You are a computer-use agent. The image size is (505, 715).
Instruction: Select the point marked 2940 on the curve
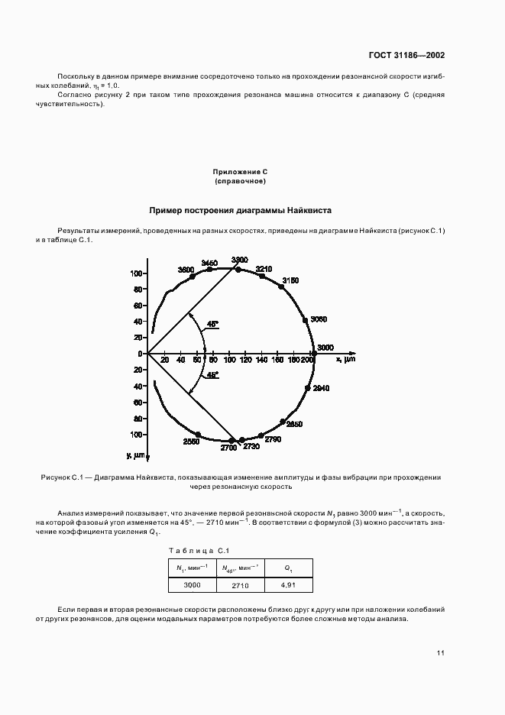(x=308, y=388)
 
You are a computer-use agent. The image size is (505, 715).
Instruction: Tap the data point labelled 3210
(x=263, y=277)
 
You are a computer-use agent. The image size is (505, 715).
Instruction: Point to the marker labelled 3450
(x=209, y=270)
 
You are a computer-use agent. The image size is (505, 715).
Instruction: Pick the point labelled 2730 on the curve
(x=242, y=440)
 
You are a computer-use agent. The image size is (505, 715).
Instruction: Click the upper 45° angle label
(x=211, y=325)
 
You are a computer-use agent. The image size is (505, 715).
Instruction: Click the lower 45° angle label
(x=211, y=375)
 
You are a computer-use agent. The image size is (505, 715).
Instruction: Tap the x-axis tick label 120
(x=244, y=360)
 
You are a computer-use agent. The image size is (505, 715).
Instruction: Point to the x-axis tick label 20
(x=164, y=360)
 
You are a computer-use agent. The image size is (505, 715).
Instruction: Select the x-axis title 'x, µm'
(x=345, y=359)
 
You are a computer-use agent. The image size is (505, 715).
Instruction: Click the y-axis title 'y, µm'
(x=140, y=455)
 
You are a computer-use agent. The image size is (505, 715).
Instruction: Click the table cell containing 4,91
(x=288, y=585)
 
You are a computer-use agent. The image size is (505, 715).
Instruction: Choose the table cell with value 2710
(x=240, y=585)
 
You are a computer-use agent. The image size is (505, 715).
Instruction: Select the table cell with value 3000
(x=192, y=585)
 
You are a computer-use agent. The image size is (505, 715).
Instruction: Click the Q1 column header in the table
(x=288, y=568)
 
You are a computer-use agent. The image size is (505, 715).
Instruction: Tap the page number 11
(x=441, y=653)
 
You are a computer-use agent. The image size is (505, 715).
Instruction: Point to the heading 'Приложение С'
(x=240, y=174)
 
